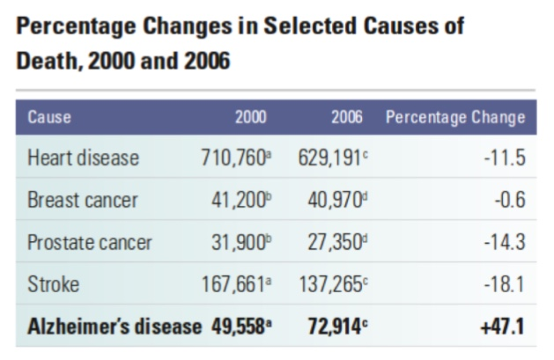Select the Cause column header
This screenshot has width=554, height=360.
[49, 117]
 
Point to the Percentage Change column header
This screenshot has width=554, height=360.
[456, 117]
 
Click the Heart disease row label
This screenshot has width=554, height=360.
[84, 158]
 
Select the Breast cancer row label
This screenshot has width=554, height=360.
[83, 200]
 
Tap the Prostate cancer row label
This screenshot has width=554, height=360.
[90, 242]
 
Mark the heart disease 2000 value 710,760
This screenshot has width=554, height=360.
[233, 158]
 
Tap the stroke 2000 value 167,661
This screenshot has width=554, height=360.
[233, 284]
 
